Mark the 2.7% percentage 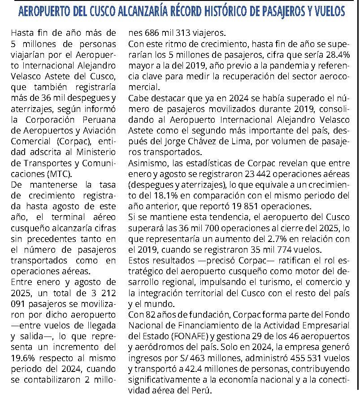pyautogui.click(x=282, y=238)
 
